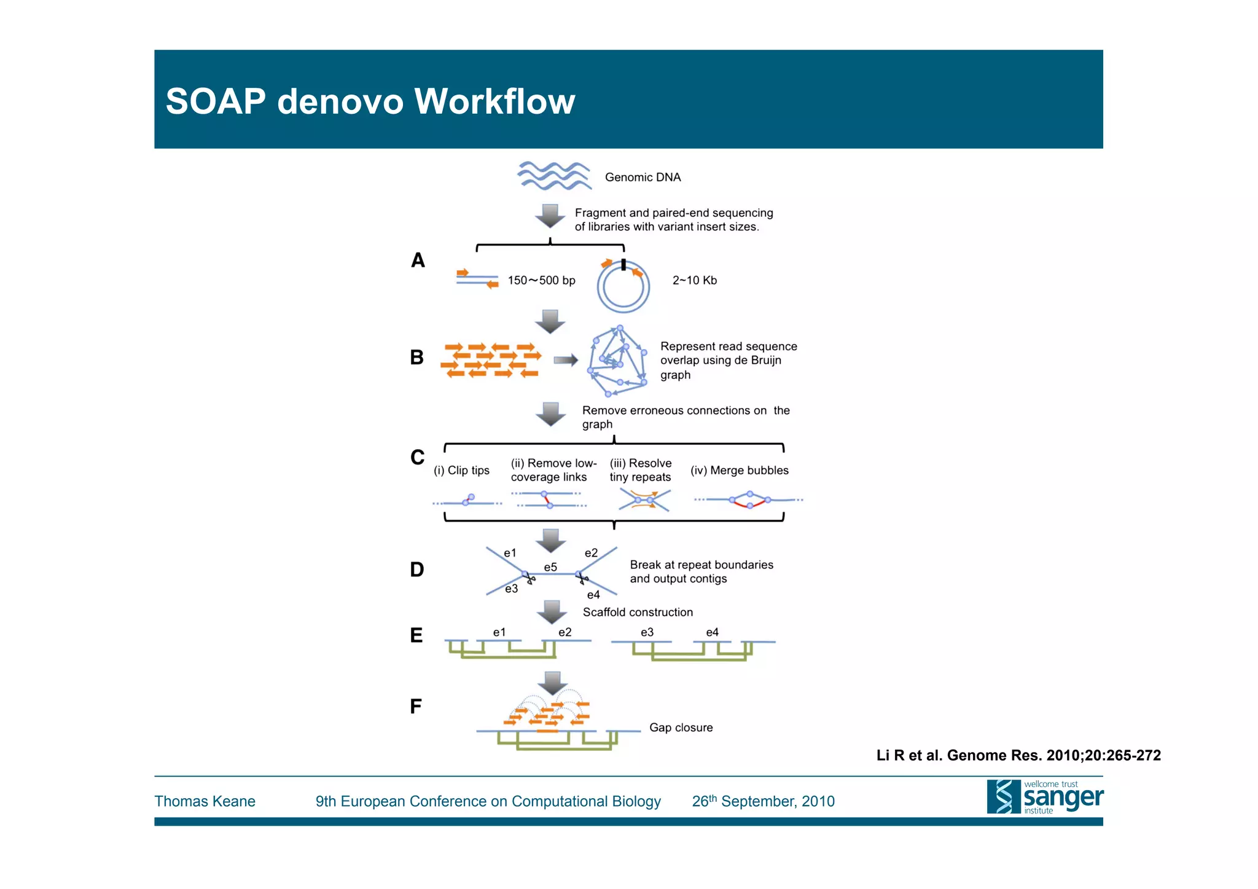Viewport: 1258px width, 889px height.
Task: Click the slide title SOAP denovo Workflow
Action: pyautogui.click(x=370, y=101)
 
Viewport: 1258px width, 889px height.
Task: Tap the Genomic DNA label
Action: pyautogui.click(x=643, y=178)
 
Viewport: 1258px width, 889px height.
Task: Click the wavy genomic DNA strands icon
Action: pyautogui.click(x=553, y=176)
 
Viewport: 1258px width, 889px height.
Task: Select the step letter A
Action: pyautogui.click(x=418, y=260)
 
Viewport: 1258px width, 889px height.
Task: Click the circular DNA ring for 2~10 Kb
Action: pyautogui.click(x=623, y=288)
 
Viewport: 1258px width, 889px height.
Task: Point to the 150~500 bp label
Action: pyautogui.click(x=541, y=281)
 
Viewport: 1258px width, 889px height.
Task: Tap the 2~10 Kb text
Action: pyautogui.click(x=694, y=281)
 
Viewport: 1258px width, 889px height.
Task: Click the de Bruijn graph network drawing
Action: pyautogui.click(x=617, y=361)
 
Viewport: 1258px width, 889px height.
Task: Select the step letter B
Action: pyautogui.click(x=416, y=358)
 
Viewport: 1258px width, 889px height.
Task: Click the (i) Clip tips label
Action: pyautogui.click(x=461, y=471)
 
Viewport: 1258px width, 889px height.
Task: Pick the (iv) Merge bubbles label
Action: pyautogui.click(x=739, y=471)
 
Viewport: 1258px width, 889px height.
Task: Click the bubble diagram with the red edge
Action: pyautogui.click(x=749, y=500)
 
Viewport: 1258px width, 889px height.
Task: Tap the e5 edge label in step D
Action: pyautogui.click(x=550, y=567)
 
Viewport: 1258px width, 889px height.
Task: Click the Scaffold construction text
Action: pyautogui.click(x=638, y=613)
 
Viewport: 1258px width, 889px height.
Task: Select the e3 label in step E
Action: pyautogui.click(x=647, y=632)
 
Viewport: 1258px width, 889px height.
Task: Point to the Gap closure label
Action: pyautogui.click(x=681, y=728)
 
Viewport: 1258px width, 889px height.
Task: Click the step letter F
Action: pyautogui.click(x=416, y=707)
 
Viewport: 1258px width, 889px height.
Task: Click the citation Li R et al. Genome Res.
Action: pyautogui.click(x=1018, y=756)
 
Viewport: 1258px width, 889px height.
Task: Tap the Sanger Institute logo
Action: pyautogui.click(x=1044, y=797)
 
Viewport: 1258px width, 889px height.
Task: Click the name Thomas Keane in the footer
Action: pyautogui.click(x=205, y=802)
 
